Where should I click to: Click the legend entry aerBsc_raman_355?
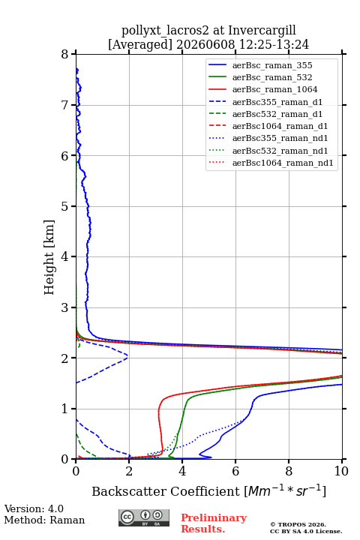click(272, 65)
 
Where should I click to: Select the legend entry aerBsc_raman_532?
click(272, 77)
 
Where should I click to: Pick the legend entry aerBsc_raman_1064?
click(275, 89)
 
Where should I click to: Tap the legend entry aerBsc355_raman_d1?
click(277, 102)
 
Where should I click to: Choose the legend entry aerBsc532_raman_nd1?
click(280, 151)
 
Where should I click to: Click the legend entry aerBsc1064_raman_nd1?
click(283, 163)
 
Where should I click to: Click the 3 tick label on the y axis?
click(64, 307)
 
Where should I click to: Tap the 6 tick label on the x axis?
click(235, 471)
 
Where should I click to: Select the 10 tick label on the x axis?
click(341, 471)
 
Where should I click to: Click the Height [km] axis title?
click(49, 257)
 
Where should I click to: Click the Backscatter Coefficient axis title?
click(208, 490)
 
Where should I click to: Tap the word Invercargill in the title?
click(262, 30)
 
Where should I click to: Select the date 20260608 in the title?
click(205, 44)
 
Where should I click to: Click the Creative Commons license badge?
click(144, 517)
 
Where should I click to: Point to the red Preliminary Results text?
click(214, 523)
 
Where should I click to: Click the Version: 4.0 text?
click(34, 508)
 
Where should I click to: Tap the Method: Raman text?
click(44, 520)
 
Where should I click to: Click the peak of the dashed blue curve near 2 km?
click(127, 357)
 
